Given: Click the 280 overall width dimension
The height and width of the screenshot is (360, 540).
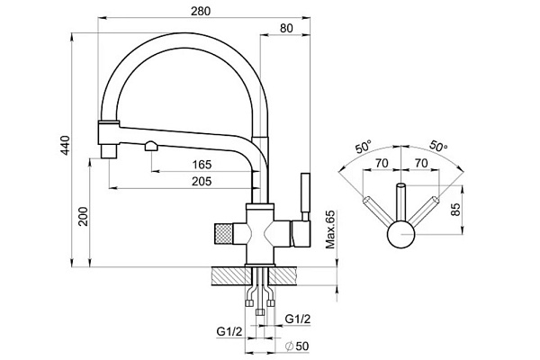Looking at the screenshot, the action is [201, 11].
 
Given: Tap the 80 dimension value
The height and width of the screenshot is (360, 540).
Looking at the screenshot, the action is [286, 28].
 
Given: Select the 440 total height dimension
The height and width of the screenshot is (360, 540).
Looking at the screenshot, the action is [65, 146].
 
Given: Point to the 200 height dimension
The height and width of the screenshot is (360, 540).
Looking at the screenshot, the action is [83, 216].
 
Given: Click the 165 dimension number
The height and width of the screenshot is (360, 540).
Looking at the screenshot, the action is [202, 165].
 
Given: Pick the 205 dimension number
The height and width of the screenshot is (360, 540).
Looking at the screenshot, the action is [202, 181].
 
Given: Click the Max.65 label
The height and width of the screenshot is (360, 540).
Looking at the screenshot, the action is [330, 229].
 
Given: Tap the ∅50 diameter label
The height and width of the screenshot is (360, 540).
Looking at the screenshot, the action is [298, 346].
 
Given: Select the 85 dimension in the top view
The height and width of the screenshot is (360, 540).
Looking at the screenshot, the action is [455, 210].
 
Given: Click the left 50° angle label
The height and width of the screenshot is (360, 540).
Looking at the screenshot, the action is [364, 147].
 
